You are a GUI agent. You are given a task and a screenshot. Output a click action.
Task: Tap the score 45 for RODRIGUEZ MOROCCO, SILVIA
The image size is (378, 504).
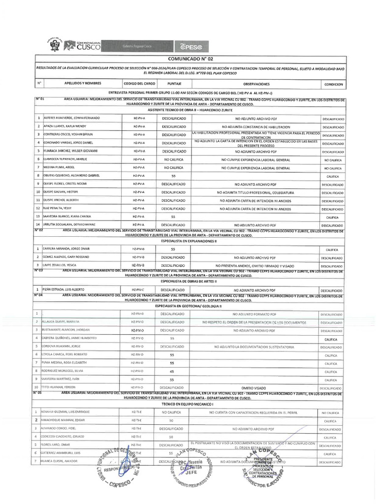pyautogui.click(x=172, y=371)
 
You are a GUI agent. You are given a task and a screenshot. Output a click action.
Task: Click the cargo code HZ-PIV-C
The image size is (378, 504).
pyautogui.click(x=138, y=290)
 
